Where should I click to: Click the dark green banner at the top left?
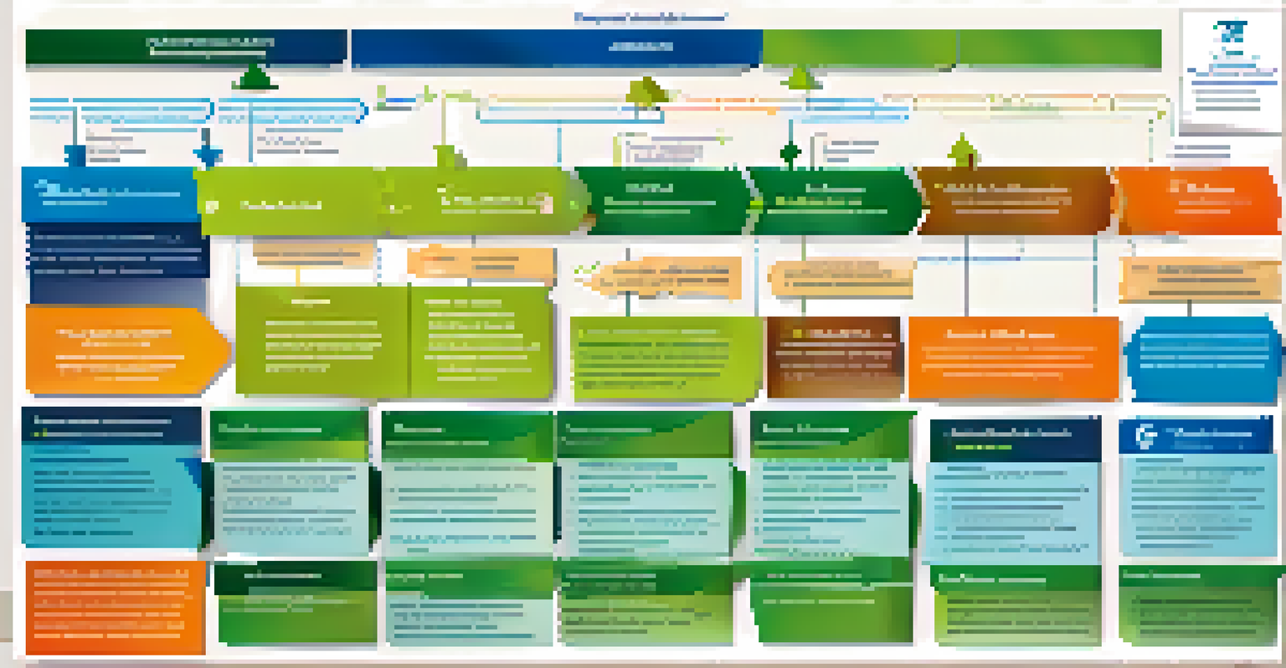(186, 47)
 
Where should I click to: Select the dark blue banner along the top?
(556, 48)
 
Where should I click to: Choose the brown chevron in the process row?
(1015, 201)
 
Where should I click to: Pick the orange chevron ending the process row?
(1199, 201)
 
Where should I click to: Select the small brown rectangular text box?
(834, 357)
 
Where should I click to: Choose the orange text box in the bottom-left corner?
(115, 607)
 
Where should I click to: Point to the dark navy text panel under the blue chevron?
(118, 251)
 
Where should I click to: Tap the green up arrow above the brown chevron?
(964, 151)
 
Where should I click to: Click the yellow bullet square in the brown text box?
(786, 334)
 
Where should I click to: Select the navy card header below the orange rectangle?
(1015, 439)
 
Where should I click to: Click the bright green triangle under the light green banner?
(801, 80)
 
